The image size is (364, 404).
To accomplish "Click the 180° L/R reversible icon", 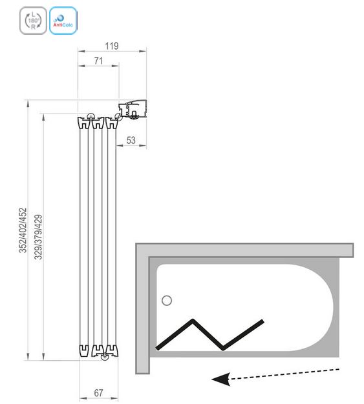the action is [34, 21].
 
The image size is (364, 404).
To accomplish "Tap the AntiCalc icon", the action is [63, 21].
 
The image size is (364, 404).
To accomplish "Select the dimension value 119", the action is [112, 46].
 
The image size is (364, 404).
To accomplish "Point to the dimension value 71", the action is [98, 61].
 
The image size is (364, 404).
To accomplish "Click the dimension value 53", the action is [131, 141].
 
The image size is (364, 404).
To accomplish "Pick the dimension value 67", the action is [98, 393].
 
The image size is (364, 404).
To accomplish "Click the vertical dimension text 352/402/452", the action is [23, 230].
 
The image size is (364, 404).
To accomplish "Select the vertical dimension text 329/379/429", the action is [38, 237].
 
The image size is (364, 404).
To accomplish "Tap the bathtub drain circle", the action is [167, 301].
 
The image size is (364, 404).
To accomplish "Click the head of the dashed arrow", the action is [220, 379].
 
